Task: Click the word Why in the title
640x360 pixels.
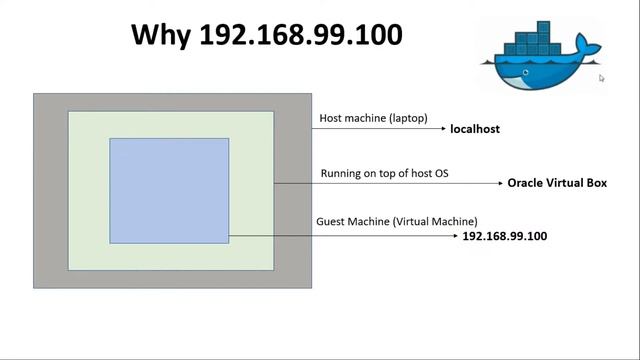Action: click(162, 35)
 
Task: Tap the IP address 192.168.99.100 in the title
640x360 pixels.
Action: click(301, 35)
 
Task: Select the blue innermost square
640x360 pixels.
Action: click(169, 190)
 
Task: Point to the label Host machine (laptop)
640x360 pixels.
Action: click(373, 118)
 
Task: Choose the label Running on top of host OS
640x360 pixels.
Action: click(384, 173)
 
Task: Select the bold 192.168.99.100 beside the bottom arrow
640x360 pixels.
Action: click(505, 236)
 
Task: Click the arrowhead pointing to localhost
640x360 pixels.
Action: click(442, 128)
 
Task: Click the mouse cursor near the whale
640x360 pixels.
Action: click(602, 78)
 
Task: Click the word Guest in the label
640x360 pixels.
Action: click(332, 221)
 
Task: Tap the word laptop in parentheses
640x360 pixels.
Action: click(407, 118)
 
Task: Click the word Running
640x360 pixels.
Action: click(341, 173)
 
